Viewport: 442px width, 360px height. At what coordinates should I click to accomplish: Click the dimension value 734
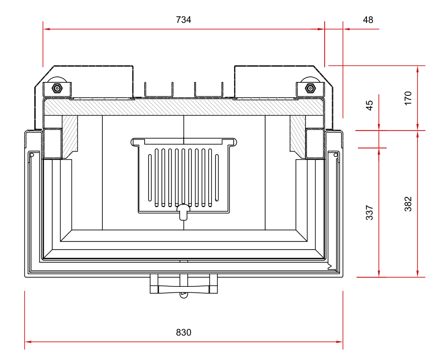click(x=183, y=20)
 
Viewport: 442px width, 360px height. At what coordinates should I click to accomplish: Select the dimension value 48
click(x=368, y=20)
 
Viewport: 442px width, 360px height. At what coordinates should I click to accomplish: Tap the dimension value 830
click(x=183, y=332)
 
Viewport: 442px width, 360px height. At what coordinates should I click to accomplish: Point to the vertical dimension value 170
click(x=408, y=98)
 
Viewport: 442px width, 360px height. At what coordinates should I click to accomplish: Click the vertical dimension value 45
click(x=370, y=105)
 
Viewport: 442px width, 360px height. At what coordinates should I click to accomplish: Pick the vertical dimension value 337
click(x=370, y=212)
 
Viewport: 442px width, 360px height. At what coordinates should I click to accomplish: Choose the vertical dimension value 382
click(x=408, y=204)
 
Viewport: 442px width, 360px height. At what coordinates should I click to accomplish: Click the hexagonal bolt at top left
click(x=58, y=88)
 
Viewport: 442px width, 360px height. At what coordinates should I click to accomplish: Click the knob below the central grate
click(x=183, y=211)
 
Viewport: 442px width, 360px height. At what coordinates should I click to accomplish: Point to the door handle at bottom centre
click(x=184, y=288)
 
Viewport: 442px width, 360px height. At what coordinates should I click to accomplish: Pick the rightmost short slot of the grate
click(x=217, y=178)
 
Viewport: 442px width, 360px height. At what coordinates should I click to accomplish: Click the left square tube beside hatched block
click(x=52, y=143)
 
